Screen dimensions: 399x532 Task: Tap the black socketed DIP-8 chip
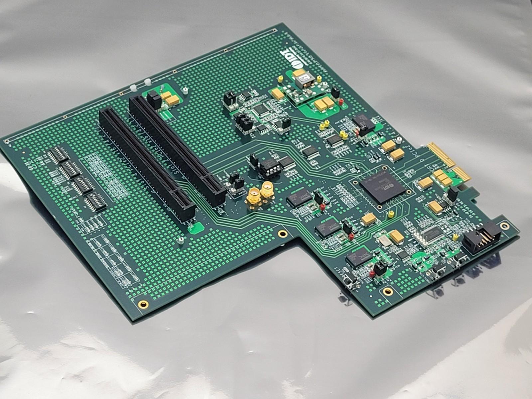270,167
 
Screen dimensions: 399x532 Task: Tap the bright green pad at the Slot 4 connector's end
196,228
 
